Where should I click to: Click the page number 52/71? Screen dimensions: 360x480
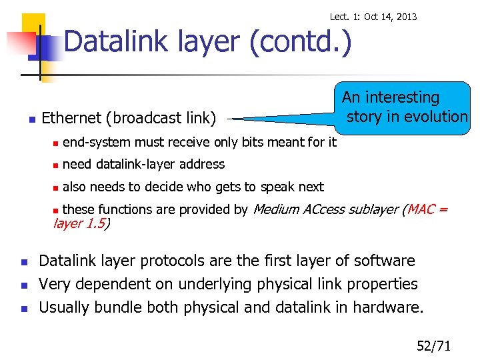(x=434, y=345)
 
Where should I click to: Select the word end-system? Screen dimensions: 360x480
(x=97, y=142)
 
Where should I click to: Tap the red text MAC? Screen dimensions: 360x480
(x=421, y=209)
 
